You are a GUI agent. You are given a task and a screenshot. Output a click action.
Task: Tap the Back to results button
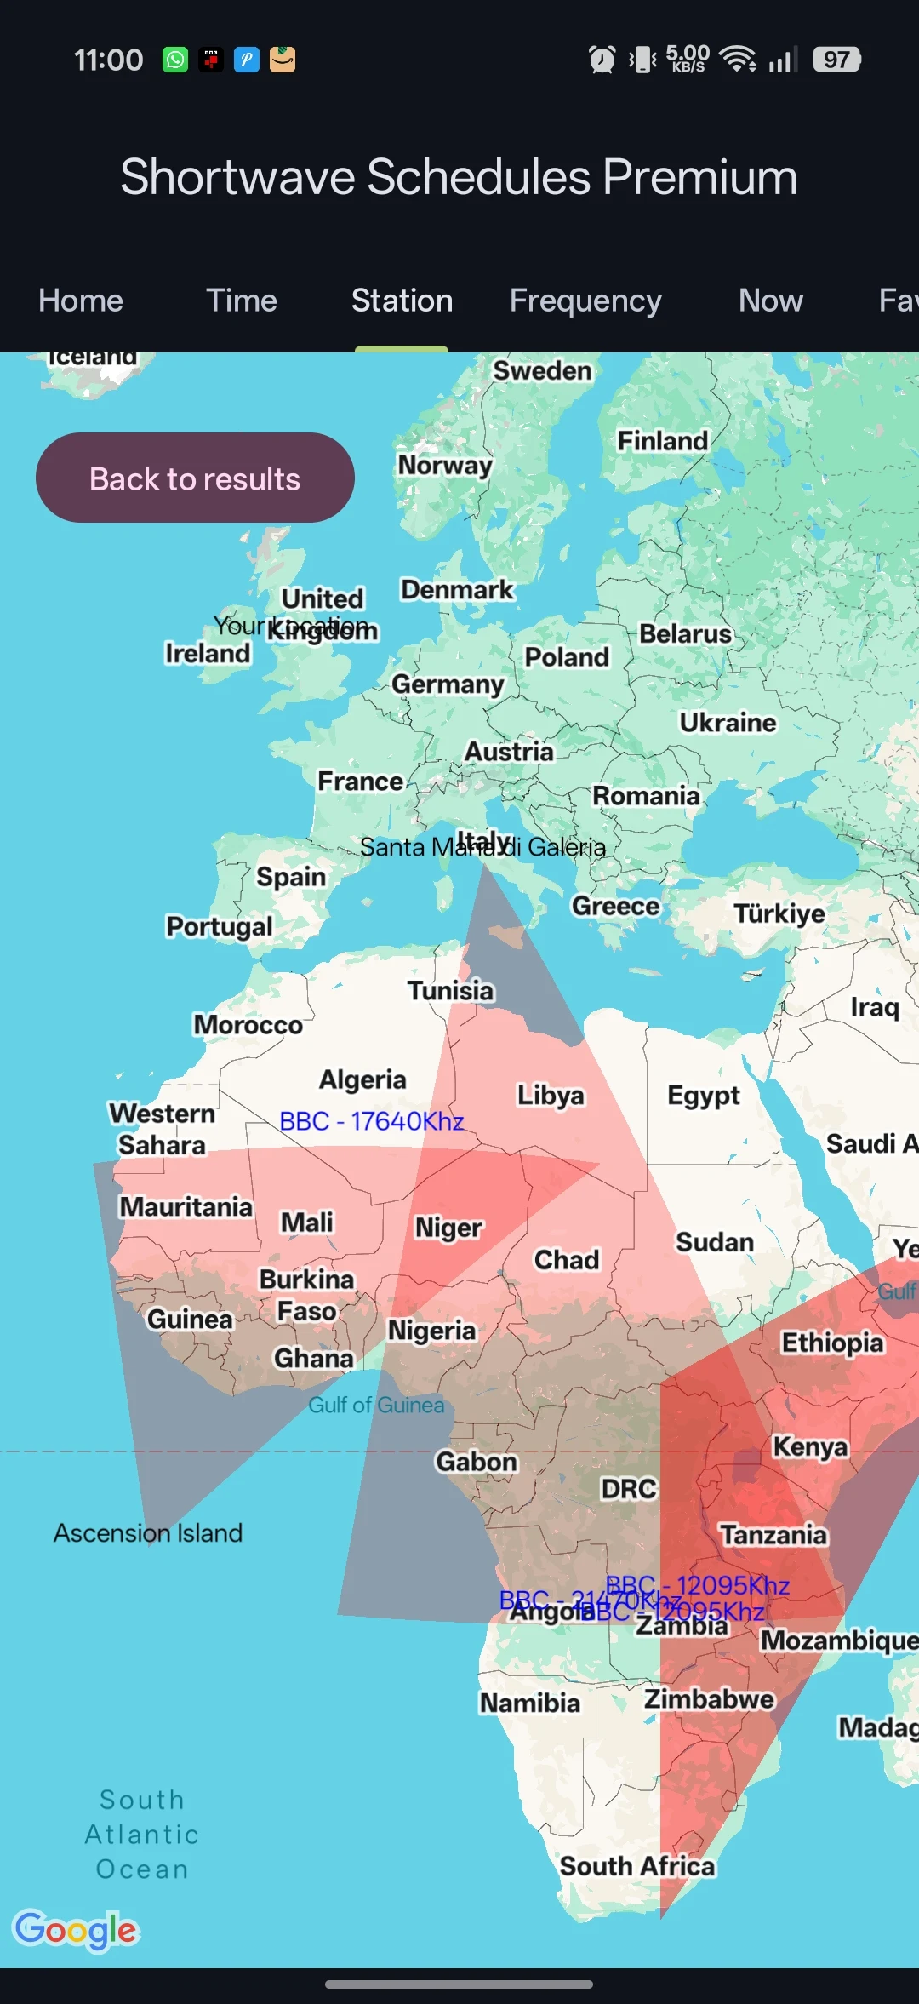[195, 478]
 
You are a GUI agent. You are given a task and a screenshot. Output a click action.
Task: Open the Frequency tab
[585, 301]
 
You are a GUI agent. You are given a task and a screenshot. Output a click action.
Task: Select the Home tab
[81, 301]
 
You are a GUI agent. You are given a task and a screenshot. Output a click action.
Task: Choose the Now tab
[770, 301]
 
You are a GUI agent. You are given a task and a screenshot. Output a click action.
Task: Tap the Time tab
[242, 301]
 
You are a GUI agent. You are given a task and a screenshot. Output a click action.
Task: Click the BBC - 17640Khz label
[371, 1121]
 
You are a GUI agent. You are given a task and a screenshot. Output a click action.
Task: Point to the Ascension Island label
[148, 1533]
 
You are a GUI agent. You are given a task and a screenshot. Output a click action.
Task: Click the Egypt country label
[703, 1096]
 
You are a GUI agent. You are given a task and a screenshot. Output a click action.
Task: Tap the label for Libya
[551, 1096]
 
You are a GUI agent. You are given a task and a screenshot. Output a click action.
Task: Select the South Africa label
[636, 1866]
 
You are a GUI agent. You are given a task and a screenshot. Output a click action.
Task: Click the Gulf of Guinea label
[376, 1405]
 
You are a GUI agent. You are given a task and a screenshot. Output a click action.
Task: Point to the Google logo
[75, 1930]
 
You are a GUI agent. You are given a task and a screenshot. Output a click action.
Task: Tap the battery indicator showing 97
[837, 60]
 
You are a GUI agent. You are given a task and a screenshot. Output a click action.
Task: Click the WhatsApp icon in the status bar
[175, 60]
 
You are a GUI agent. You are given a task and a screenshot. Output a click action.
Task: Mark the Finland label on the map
[662, 441]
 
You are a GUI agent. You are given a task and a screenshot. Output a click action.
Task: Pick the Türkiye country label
[779, 913]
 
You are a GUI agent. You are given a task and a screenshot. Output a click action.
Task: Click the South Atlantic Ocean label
[142, 1835]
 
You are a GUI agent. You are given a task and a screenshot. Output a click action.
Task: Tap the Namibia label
[529, 1703]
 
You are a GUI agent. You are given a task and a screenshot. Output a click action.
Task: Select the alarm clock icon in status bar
[602, 60]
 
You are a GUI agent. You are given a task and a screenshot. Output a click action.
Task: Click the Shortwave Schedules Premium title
[459, 177]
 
